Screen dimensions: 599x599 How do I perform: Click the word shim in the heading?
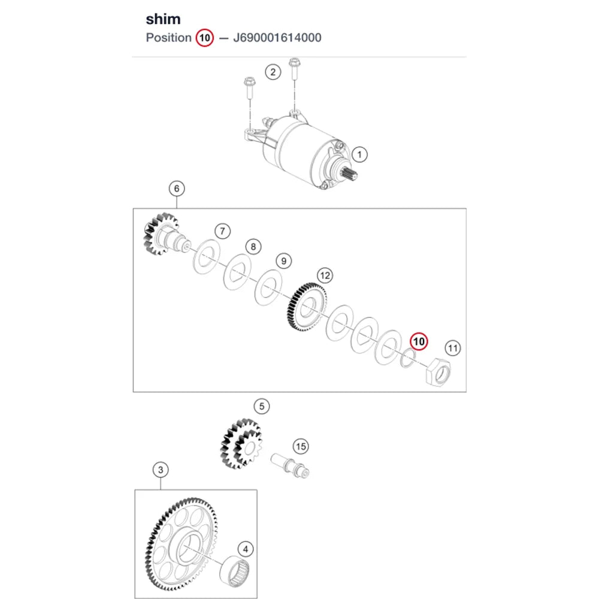point(163,19)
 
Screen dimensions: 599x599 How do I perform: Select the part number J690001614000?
point(277,38)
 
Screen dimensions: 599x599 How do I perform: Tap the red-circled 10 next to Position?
point(205,38)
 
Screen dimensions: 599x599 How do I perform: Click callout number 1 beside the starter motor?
point(359,155)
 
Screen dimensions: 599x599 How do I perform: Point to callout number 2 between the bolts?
point(273,72)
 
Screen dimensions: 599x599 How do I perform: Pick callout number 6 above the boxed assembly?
point(177,188)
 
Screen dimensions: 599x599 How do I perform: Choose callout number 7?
point(223,231)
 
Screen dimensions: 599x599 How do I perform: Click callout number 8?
point(253,247)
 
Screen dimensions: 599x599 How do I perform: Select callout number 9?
point(284,261)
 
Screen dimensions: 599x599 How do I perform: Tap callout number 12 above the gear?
point(325,276)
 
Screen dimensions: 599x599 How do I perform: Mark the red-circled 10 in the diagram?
point(419,341)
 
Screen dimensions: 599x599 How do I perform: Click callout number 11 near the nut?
point(453,348)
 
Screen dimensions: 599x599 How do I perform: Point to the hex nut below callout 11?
point(438,372)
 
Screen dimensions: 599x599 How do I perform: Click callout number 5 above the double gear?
point(262,406)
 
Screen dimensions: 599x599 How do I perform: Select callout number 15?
point(301,446)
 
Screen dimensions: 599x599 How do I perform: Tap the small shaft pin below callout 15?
point(290,465)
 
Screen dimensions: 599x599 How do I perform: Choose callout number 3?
point(161,470)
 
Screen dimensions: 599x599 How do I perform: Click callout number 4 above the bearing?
point(245,549)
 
